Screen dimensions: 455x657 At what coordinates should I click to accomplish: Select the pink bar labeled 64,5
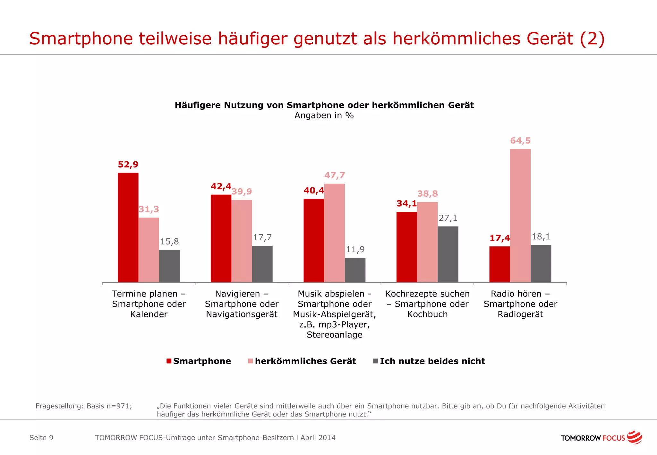click(x=520, y=215)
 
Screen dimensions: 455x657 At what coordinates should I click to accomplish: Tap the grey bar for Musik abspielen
click(x=355, y=270)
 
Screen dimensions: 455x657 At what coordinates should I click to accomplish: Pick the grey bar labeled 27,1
click(x=448, y=254)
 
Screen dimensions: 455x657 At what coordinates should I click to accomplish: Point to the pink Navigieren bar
click(x=242, y=241)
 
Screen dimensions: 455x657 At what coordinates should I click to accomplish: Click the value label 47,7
click(x=334, y=176)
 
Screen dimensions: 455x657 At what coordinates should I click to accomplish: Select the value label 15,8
click(x=169, y=242)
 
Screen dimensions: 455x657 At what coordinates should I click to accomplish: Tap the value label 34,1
click(x=406, y=203)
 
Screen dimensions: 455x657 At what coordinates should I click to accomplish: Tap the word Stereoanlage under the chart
click(x=334, y=335)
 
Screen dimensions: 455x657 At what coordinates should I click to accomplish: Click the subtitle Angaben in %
click(x=324, y=116)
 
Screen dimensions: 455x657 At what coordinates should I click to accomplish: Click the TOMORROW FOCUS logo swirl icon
click(x=634, y=437)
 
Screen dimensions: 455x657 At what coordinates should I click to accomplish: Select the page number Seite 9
click(x=41, y=438)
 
